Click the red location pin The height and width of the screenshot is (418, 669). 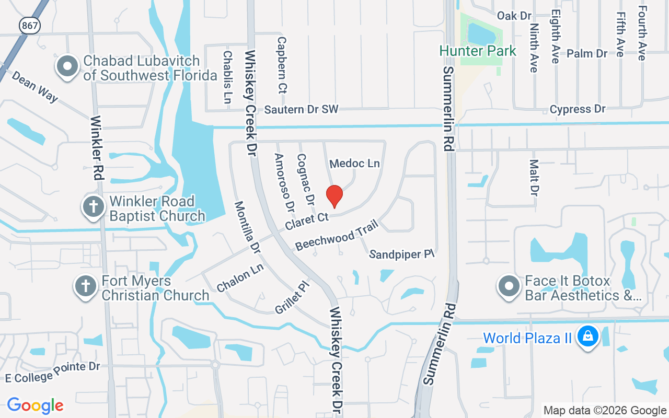[334, 196]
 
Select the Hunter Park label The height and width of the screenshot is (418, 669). [478, 51]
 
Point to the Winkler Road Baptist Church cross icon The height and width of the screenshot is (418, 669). [94, 207]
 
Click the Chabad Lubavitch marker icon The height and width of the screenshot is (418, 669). [67, 67]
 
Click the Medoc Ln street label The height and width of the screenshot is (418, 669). [354, 164]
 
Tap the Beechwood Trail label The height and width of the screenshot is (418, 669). [332, 238]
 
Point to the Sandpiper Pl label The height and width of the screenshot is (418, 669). [402, 254]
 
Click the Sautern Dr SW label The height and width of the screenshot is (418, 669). [301, 109]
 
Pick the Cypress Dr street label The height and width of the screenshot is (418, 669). [578, 109]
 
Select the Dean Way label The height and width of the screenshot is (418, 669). [34, 86]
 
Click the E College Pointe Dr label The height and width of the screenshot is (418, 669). [52, 371]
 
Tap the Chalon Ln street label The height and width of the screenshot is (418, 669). [240, 278]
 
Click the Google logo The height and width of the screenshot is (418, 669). [36, 405]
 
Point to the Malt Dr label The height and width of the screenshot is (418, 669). [534, 178]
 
